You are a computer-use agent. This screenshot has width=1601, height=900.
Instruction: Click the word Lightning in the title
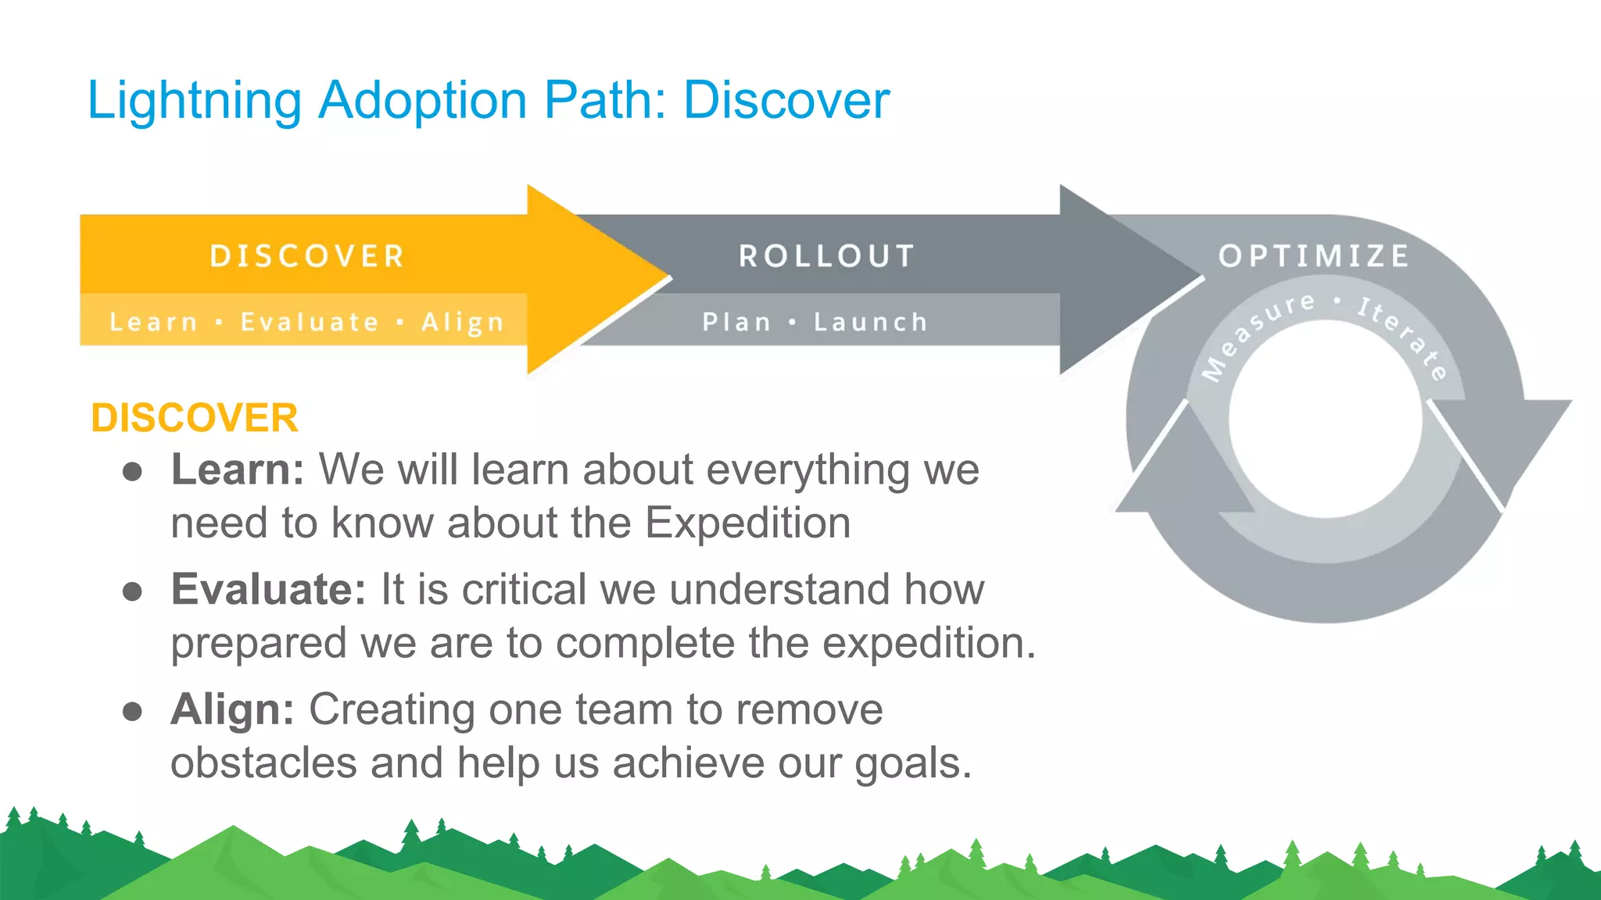[x=194, y=102]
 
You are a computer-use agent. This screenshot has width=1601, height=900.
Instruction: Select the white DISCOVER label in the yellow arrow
[x=306, y=256]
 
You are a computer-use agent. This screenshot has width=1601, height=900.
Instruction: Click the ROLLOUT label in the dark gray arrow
[x=826, y=256]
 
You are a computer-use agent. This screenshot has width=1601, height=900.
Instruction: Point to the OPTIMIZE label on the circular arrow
[x=1313, y=255]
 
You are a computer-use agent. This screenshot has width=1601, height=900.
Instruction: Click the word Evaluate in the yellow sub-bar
[x=310, y=322]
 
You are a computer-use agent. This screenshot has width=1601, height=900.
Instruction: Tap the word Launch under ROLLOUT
[x=870, y=322]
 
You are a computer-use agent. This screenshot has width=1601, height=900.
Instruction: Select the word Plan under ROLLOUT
[x=736, y=322]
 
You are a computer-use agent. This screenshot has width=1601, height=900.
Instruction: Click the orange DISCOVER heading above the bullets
[x=195, y=418]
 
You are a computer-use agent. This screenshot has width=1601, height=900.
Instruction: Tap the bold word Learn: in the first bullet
[x=237, y=470]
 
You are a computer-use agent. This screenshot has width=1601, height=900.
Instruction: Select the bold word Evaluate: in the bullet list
[x=268, y=590]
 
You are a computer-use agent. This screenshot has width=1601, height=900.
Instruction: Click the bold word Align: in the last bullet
[x=232, y=710]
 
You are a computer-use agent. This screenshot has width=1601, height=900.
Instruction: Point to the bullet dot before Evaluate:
[x=132, y=592]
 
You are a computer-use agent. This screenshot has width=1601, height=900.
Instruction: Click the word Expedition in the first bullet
[x=747, y=523]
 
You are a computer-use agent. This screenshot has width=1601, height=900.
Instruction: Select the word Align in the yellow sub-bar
[x=462, y=322]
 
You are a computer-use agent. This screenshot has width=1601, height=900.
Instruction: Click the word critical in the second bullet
[x=523, y=590]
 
